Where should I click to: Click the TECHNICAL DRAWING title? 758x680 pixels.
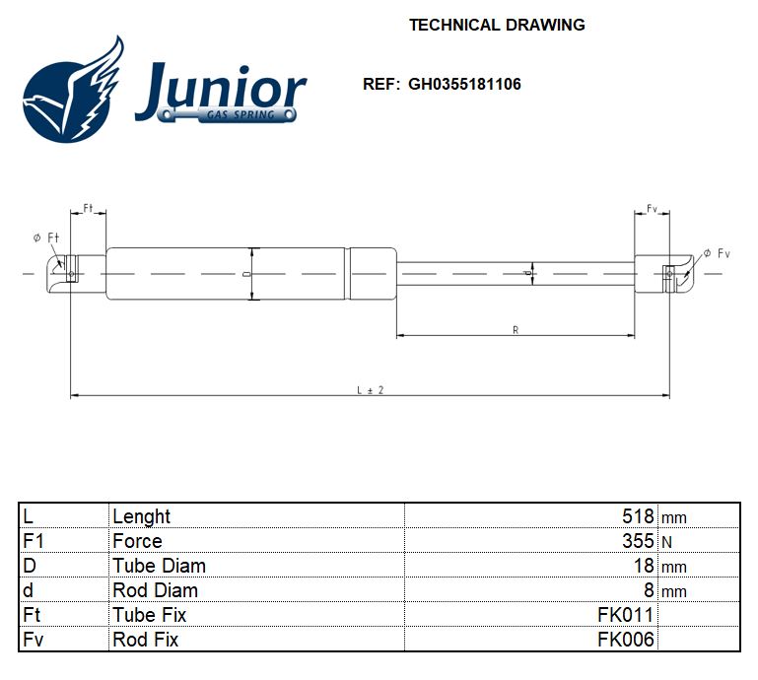(497, 25)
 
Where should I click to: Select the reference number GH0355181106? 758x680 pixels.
(464, 84)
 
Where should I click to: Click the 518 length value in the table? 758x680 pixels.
(638, 516)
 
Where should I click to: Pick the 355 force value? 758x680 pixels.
(638, 541)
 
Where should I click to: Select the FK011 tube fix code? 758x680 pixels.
(626, 615)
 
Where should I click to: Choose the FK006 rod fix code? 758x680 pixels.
(626, 640)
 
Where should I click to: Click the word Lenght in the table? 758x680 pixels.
(141, 517)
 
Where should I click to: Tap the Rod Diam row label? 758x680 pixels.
(155, 590)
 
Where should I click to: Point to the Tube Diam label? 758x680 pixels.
(159, 566)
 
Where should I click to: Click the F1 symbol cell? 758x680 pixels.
(34, 541)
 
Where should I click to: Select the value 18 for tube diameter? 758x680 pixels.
(644, 566)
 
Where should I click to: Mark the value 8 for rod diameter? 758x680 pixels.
(649, 590)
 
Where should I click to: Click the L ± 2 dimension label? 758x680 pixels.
(371, 390)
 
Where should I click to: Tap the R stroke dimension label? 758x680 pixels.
(516, 330)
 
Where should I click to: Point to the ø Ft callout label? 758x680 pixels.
(46, 238)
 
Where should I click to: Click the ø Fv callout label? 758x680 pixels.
(717, 253)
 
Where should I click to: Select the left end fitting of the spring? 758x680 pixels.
(76, 274)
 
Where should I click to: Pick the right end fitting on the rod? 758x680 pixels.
(663, 274)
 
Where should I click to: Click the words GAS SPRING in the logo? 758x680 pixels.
(241, 115)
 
